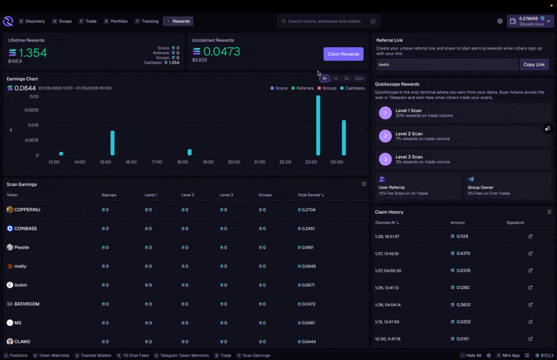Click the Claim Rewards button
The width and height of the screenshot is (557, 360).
[343, 54]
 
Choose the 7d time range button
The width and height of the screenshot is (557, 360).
[346, 79]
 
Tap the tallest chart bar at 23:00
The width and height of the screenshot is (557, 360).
[318, 125]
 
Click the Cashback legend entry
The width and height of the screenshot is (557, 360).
[354, 88]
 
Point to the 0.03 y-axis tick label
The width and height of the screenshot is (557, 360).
[34, 97]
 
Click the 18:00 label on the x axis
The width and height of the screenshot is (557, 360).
[182, 162]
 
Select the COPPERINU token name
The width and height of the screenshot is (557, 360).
[27, 210]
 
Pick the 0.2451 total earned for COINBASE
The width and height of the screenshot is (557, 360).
[308, 228]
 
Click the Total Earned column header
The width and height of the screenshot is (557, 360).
[310, 195]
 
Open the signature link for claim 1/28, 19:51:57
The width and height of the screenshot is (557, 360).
[531, 236]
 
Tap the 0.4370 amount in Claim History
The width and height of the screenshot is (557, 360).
[463, 253]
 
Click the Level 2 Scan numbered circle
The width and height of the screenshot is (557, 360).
[385, 136]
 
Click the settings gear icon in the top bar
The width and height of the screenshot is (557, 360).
[500, 22]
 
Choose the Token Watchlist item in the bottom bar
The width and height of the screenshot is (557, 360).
[54, 355]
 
